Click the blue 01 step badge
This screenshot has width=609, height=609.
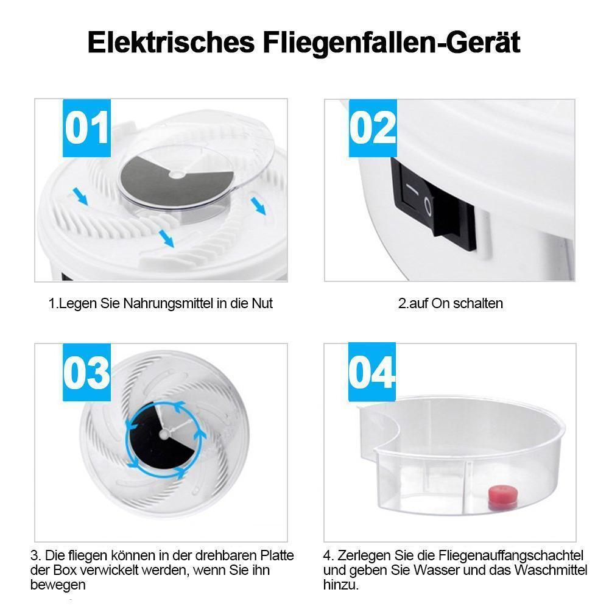tap(86, 128)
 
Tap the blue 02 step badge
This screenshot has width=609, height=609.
tap(373, 128)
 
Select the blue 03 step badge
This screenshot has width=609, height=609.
tap(86, 372)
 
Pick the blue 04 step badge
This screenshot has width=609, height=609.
tap(371, 372)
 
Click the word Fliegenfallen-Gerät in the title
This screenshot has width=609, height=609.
tap(392, 43)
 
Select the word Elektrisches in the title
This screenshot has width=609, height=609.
tap(171, 43)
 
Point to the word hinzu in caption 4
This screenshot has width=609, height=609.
tap(340, 585)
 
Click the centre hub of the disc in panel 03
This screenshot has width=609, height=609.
tap(164, 434)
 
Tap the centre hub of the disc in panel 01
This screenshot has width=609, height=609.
tap(177, 175)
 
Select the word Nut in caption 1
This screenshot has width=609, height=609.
tap(262, 303)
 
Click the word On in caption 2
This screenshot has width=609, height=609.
tap(440, 303)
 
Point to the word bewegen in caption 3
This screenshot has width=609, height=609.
tap(58, 585)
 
